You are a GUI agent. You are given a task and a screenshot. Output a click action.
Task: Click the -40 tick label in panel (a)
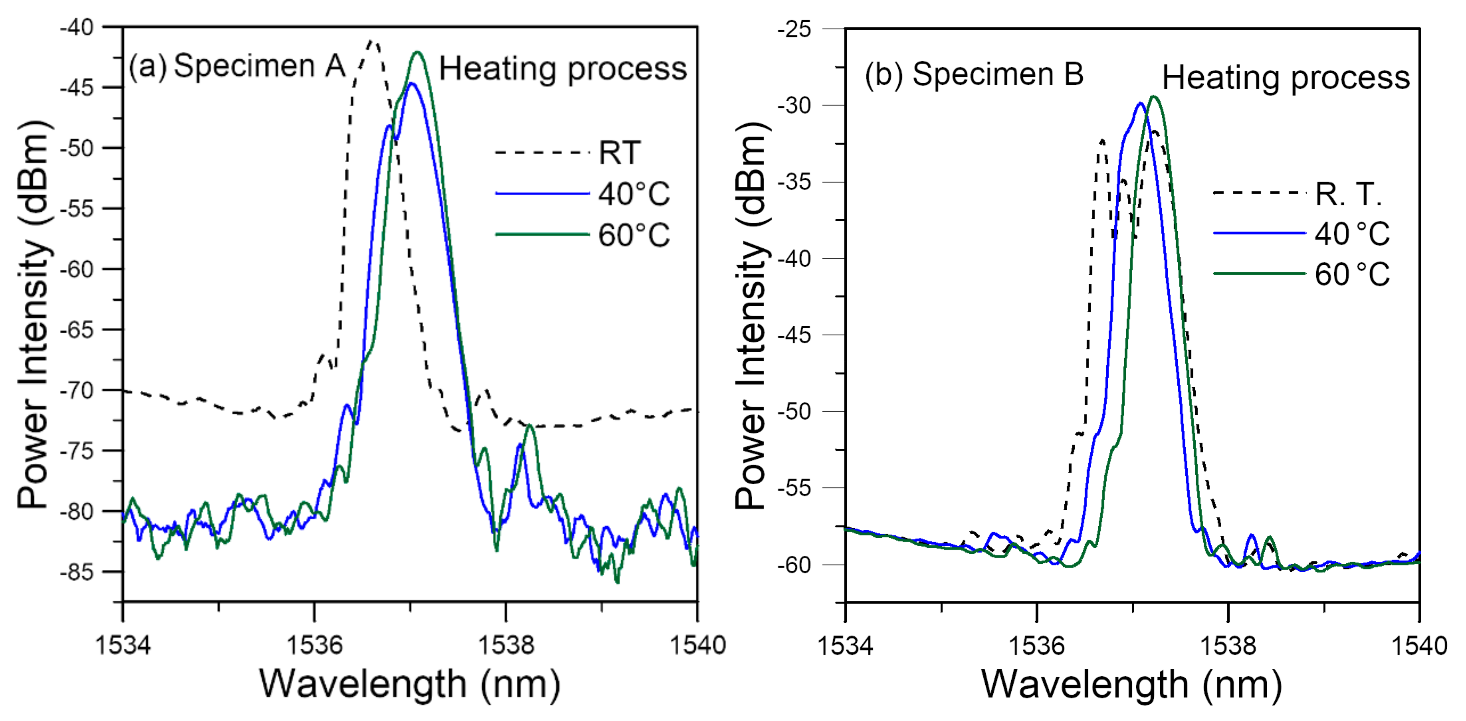tap(77, 27)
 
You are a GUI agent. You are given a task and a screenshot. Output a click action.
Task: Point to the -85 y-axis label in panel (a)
tap(77, 572)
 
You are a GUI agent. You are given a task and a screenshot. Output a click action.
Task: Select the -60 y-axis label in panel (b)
tap(795, 565)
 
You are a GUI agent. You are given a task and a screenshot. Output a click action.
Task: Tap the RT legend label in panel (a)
tap(619, 153)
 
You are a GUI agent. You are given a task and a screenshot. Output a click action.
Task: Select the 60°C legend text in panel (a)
tap(634, 235)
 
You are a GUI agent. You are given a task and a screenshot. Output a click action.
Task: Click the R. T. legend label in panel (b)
tap(1348, 194)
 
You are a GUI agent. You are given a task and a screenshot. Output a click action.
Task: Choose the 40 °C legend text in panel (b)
tap(1352, 234)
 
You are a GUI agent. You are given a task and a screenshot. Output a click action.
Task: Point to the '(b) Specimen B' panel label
tap(974, 74)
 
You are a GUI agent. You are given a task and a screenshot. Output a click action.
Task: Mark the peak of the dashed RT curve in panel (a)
tap(373, 41)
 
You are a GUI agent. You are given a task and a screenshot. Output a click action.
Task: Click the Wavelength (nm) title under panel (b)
tap(1131, 685)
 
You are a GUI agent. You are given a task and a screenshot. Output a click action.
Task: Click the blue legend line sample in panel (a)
tap(542, 194)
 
